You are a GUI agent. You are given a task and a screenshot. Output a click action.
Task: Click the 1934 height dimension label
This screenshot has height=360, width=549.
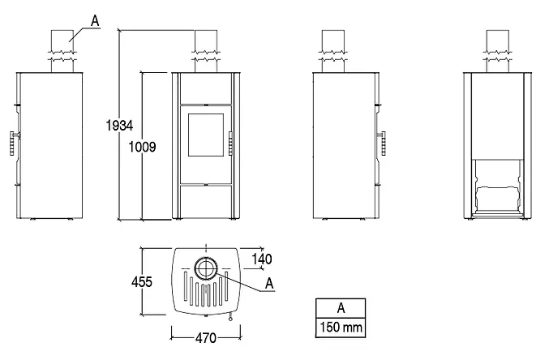pyautogui.click(x=119, y=126)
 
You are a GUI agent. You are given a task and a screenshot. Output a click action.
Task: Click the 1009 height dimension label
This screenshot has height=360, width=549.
pyautogui.click(x=142, y=147)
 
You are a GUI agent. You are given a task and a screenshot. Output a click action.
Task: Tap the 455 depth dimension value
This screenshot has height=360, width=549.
pyautogui.click(x=142, y=282)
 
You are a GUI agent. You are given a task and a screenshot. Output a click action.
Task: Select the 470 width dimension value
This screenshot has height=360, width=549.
pyautogui.click(x=206, y=338)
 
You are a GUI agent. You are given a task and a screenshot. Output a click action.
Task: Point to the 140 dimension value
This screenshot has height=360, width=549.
pyautogui.click(x=262, y=259)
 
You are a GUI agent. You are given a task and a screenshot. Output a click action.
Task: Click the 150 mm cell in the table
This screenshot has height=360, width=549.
pyautogui.click(x=341, y=328)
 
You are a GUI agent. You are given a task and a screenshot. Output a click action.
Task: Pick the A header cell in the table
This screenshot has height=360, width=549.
pyautogui.click(x=341, y=309)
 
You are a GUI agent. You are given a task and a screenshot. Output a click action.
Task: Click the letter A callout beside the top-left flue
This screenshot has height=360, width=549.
pyautogui.click(x=95, y=21)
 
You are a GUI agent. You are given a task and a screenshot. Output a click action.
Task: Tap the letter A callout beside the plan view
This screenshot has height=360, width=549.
pyautogui.click(x=269, y=283)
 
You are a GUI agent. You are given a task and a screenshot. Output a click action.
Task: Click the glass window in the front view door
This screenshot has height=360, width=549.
pyautogui.click(x=206, y=135)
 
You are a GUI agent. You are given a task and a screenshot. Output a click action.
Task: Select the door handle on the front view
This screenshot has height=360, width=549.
pyautogui.click(x=231, y=144)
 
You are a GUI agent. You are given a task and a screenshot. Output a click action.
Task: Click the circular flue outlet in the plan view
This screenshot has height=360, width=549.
pyautogui.click(x=206, y=268)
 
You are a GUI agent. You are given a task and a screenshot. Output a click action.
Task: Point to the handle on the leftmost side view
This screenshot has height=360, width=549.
pyautogui.click(x=13, y=143)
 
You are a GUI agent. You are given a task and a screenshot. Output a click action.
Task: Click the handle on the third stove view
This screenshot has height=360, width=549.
pyautogui.click(x=382, y=143)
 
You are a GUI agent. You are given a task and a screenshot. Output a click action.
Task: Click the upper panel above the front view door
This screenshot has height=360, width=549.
pyautogui.click(x=206, y=88)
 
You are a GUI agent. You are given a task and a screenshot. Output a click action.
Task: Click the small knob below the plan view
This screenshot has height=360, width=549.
pyautogui.click(x=231, y=319)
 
